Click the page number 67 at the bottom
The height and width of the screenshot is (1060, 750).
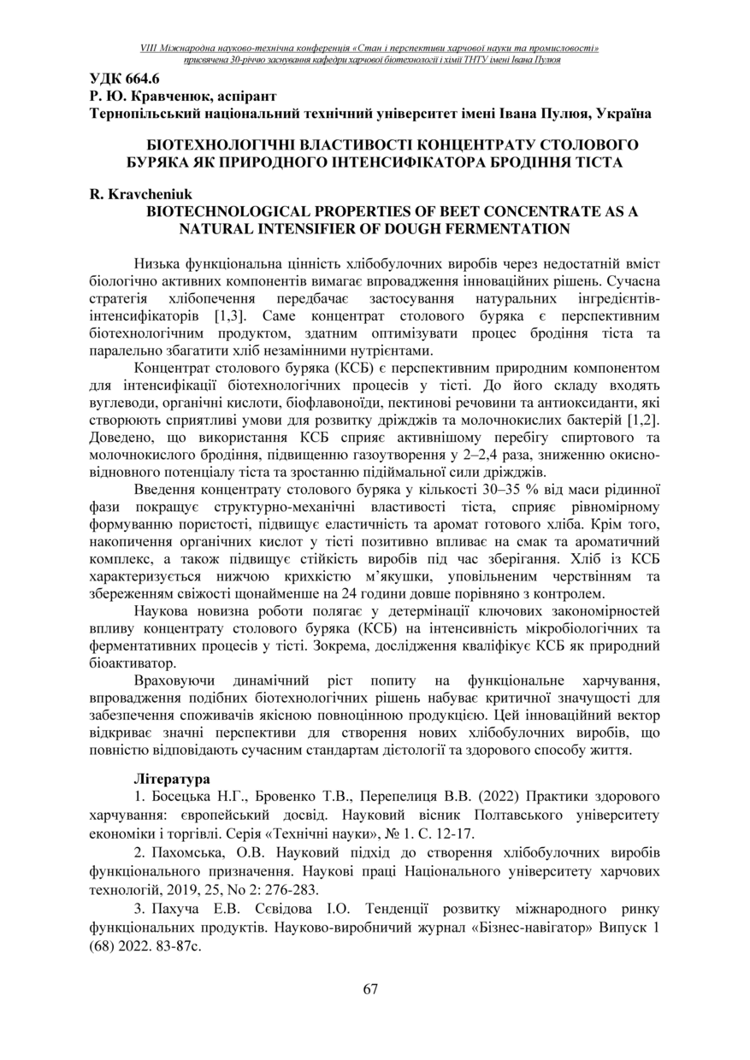tap(370, 989)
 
